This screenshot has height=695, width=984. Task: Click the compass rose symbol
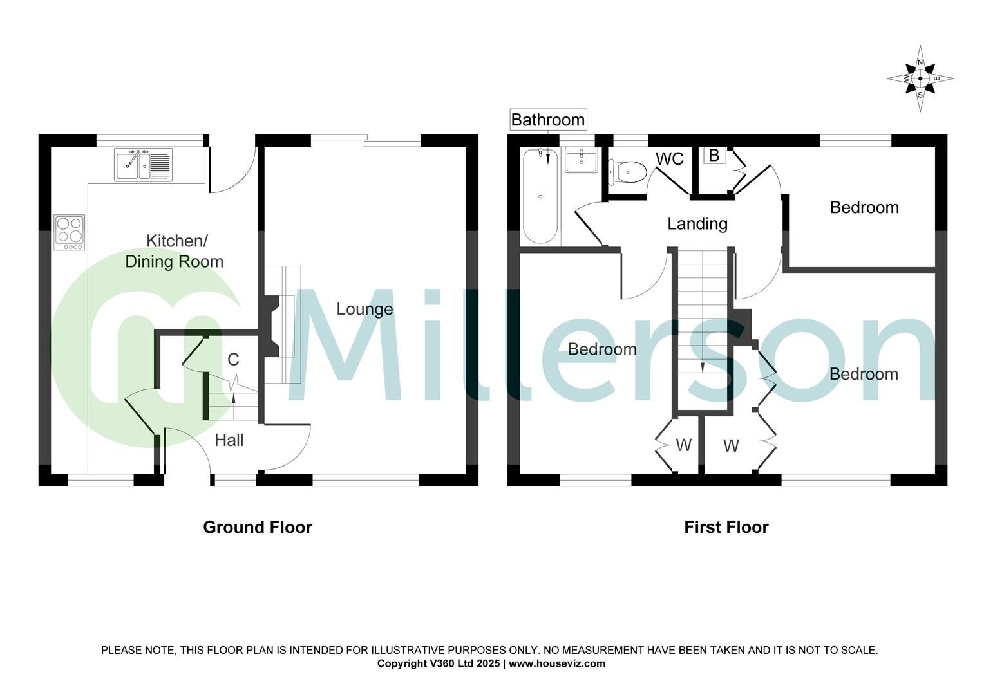(x=920, y=79)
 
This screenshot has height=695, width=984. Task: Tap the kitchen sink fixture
(x=143, y=165)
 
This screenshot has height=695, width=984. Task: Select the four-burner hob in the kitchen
(x=70, y=232)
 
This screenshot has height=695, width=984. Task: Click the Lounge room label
(x=364, y=310)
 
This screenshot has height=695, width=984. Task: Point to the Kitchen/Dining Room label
(x=175, y=251)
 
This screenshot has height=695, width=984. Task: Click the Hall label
(x=229, y=440)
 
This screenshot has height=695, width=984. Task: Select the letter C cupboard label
(x=233, y=360)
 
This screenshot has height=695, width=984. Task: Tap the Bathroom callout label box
(x=547, y=120)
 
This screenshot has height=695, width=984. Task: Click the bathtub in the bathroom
(x=540, y=196)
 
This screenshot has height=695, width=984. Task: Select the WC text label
(x=669, y=159)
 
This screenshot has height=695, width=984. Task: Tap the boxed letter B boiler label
(x=714, y=155)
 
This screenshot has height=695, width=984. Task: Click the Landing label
(x=697, y=223)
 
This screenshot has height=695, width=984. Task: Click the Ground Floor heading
(x=258, y=527)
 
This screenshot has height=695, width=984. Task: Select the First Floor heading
(x=726, y=527)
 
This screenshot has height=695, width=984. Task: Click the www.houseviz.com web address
(x=557, y=663)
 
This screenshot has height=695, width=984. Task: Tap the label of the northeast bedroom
(x=864, y=207)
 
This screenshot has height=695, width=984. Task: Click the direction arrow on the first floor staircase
(x=702, y=367)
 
